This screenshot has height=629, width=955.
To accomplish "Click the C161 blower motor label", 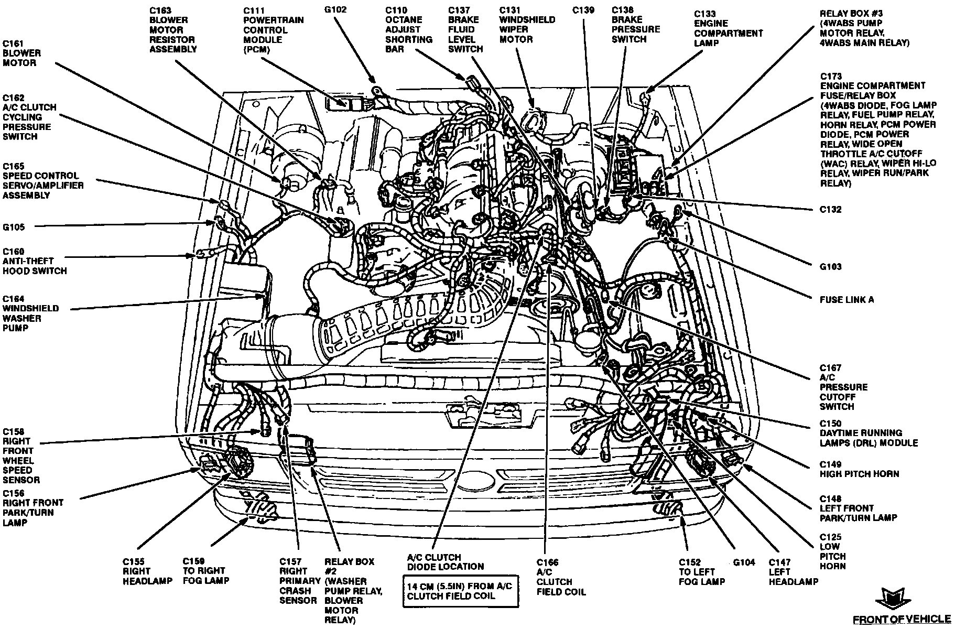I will pyautogui.click(x=21, y=53).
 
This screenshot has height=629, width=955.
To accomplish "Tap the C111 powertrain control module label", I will pyautogui.click(x=273, y=30).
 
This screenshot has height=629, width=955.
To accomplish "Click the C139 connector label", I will pyautogui.click(x=583, y=10).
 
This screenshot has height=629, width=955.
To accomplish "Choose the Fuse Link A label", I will pyautogui.click(x=847, y=300).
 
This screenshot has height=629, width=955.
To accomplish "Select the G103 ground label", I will pyautogui.click(x=831, y=267).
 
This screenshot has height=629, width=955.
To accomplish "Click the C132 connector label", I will pyautogui.click(x=831, y=210).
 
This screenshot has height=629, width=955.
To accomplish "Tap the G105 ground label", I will pyautogui.click(x=14, y=227).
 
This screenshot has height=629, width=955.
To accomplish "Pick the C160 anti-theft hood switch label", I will pyautogui.click(x=35, y=261).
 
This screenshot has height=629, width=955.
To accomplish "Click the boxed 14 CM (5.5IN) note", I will pyautogui.click(x=457, y=591).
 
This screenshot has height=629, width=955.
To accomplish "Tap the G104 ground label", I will pyautogui.click(x=744, y=562).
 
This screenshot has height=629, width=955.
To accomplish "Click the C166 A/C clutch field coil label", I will pyautogui.click(x=561, y=577).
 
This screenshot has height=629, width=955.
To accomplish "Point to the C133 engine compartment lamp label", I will pyautogui.click(x=728, y=28).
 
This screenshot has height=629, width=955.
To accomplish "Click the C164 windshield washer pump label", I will pyautogui.click(x=30, y=313).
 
